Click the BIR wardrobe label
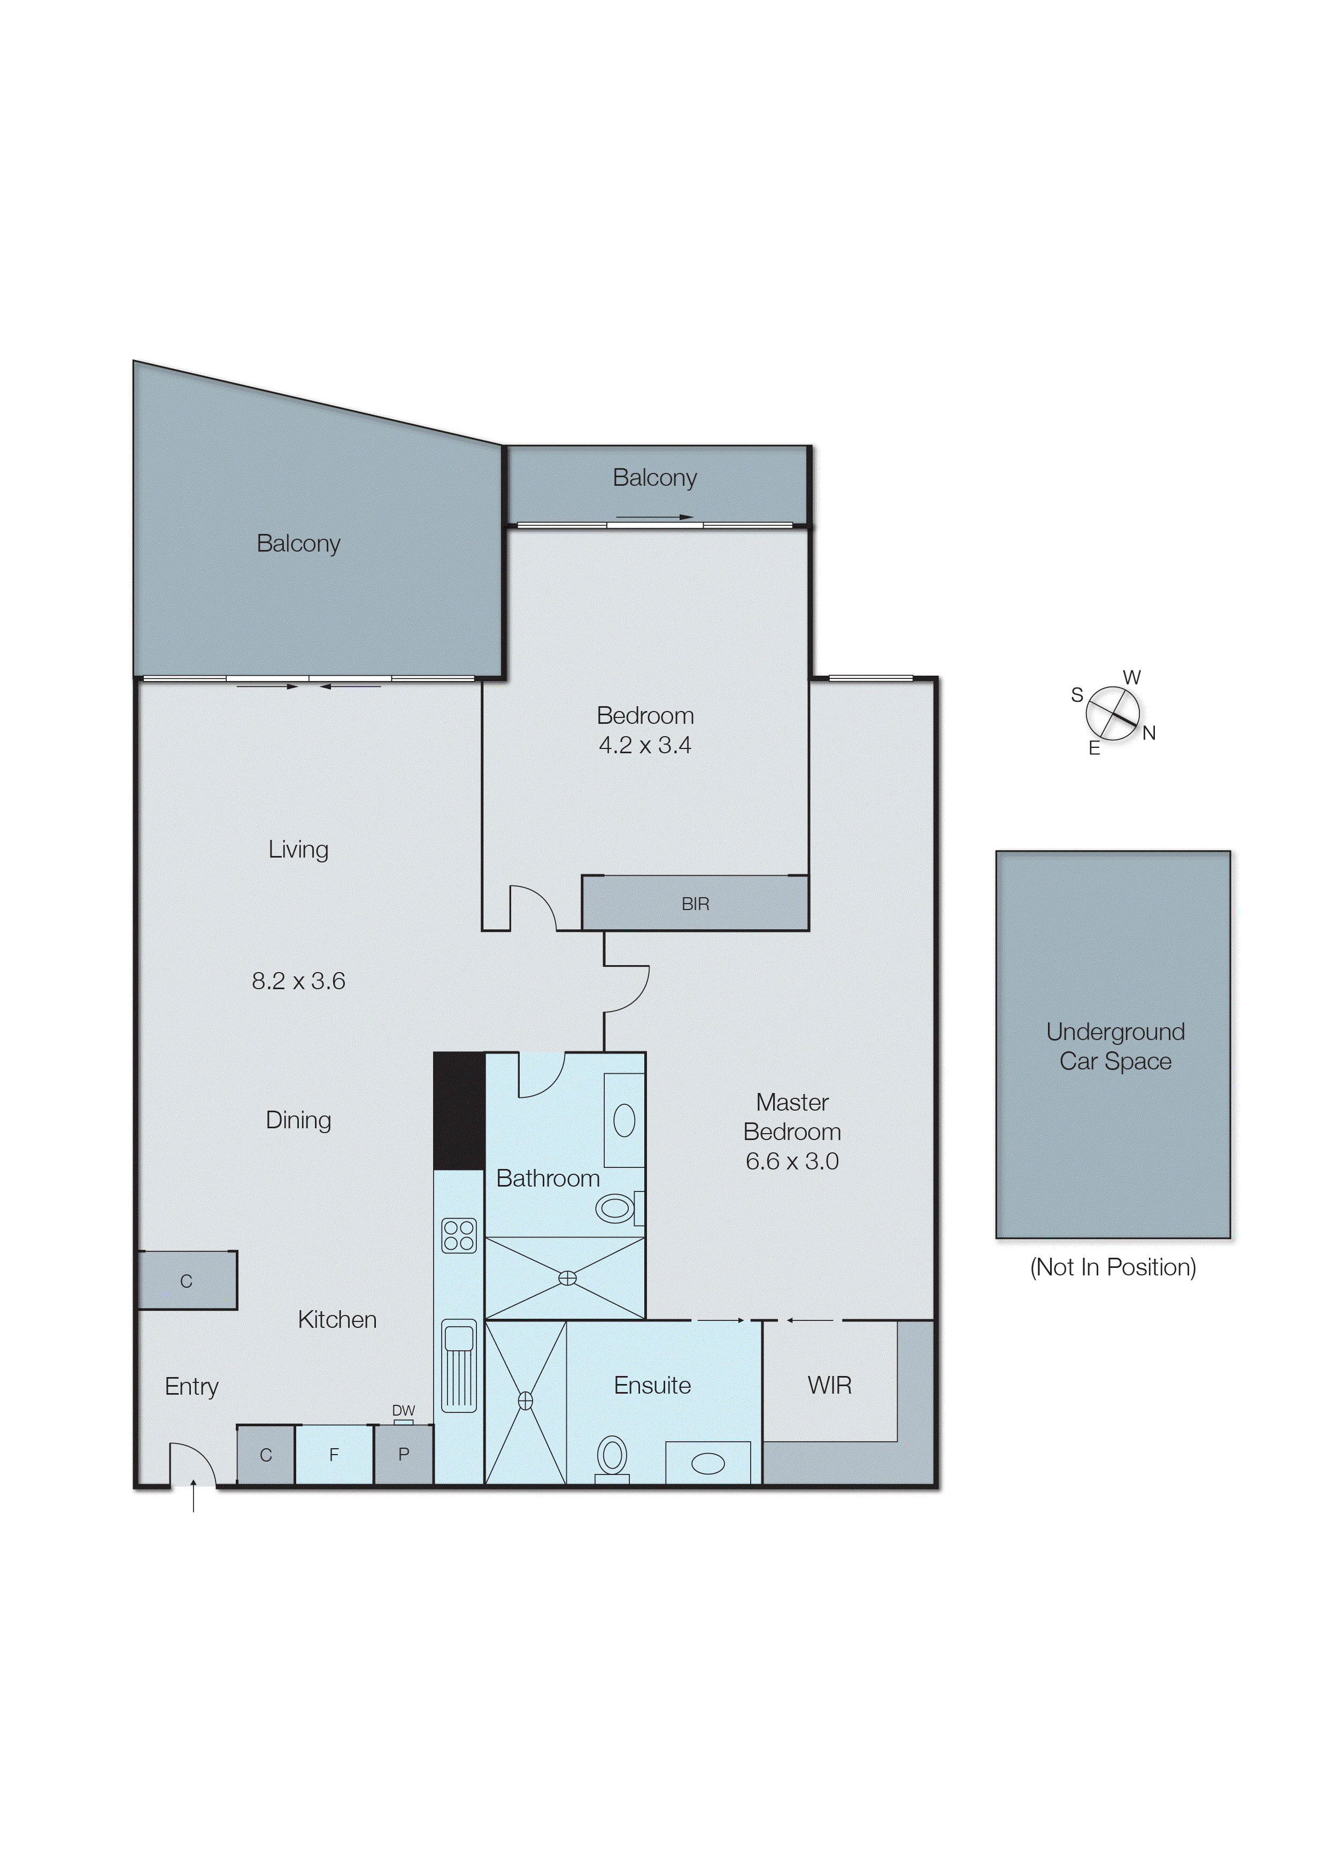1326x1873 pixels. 695,904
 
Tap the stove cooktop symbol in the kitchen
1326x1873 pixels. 458,1235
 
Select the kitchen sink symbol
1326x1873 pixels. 459,1366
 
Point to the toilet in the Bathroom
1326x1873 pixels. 617,1207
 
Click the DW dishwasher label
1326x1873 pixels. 403,1411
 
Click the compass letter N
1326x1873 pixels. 1149,733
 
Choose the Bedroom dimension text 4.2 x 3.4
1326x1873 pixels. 644,745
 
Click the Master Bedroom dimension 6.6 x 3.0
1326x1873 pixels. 791,1161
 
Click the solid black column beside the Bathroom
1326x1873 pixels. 459,1111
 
